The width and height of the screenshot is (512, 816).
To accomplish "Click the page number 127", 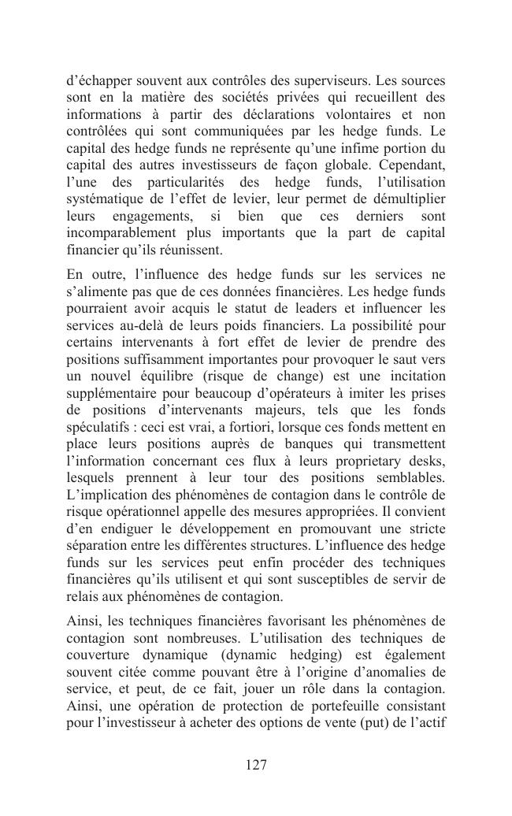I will coord(256,765).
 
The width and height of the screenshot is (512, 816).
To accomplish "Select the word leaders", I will coord(336,308).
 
